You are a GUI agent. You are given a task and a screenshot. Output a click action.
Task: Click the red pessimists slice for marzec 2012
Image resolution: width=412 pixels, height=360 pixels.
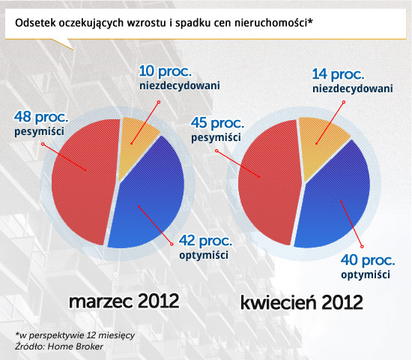click(84, 181)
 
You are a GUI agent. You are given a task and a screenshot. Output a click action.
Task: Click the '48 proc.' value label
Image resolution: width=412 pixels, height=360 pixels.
click(41, 116)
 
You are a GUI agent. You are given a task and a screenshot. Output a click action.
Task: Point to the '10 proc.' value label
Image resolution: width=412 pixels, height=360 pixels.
click(165, 71)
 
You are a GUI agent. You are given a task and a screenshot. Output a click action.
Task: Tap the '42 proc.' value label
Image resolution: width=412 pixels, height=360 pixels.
click(205, 241)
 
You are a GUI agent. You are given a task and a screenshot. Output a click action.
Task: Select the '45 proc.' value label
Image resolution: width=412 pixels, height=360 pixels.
click(217, 123)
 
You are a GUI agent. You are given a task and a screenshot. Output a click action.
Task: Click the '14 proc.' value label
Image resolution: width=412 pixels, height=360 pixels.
click(338, 74)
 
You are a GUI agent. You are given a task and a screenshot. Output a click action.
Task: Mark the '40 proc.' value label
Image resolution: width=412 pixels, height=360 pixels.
click(368, 260)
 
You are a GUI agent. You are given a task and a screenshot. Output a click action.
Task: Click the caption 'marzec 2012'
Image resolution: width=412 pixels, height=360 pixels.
click(124, 301)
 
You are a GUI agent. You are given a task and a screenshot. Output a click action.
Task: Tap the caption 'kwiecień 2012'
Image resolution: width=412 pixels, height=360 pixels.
click(302, 302)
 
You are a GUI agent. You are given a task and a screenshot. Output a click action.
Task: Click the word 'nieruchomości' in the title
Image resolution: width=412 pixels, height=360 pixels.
click(271, 23)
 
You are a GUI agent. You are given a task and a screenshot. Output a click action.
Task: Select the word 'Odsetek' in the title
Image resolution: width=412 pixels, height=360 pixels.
click(35, 23)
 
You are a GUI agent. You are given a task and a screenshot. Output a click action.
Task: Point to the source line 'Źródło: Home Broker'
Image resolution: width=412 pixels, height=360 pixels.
click(59, 346)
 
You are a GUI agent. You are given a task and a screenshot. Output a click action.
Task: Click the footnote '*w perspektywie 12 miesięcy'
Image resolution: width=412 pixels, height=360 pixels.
click(75, 335)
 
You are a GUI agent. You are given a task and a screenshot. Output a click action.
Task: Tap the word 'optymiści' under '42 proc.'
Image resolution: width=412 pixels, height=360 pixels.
click(204, 255)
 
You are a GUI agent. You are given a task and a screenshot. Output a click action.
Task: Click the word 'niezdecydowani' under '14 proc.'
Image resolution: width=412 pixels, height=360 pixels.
click(353, 88)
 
